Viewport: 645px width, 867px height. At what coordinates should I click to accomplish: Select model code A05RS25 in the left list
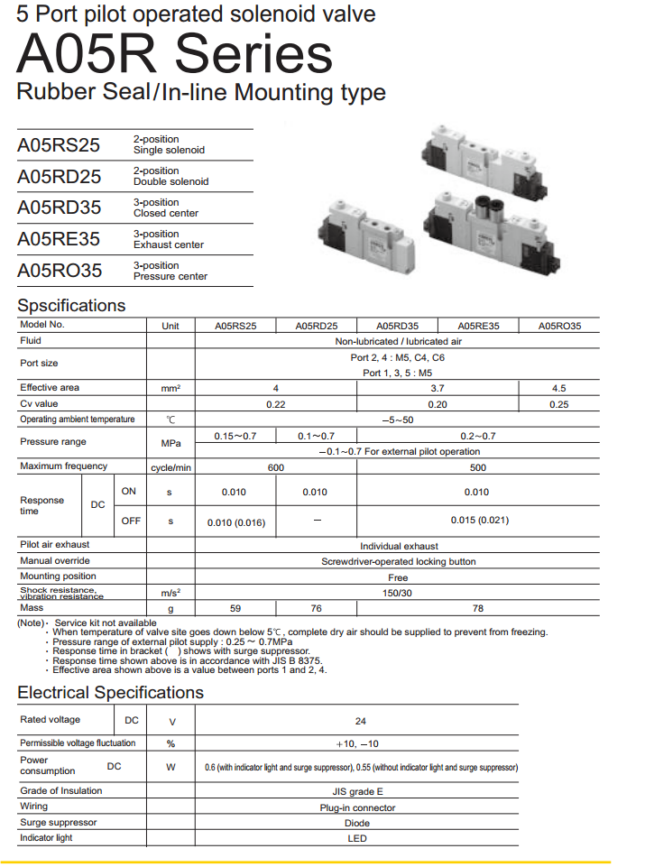(59, 145)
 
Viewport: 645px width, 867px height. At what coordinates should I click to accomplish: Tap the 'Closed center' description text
(166, 214)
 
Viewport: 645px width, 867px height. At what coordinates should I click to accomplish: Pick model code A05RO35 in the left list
(59, 271)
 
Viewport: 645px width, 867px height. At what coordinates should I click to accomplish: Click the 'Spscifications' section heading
(71, 305)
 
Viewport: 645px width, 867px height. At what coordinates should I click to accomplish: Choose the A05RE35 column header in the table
(478, 326)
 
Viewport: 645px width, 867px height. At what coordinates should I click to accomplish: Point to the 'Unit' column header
(170, 326)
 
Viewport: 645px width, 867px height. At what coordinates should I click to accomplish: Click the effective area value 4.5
(558, 388)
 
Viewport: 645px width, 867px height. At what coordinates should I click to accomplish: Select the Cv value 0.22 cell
(276, 404)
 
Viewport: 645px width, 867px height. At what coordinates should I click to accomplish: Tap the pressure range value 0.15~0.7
(235, 436)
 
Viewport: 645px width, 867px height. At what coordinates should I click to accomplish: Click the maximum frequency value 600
(276, 467)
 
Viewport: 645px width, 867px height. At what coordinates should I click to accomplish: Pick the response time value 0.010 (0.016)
(236, 521)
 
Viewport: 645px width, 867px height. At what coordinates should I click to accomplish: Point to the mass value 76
(316, 608)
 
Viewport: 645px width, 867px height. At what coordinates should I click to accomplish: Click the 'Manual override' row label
(55, 560)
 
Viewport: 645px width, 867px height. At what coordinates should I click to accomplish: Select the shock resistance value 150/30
(398, 593)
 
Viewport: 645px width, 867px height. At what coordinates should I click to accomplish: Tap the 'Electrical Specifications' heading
(110, 692)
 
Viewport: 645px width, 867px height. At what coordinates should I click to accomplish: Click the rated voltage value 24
(361, 721)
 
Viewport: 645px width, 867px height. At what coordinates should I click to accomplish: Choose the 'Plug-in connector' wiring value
(358, 807)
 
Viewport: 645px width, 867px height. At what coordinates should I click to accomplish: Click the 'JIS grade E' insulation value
(358, 791)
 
